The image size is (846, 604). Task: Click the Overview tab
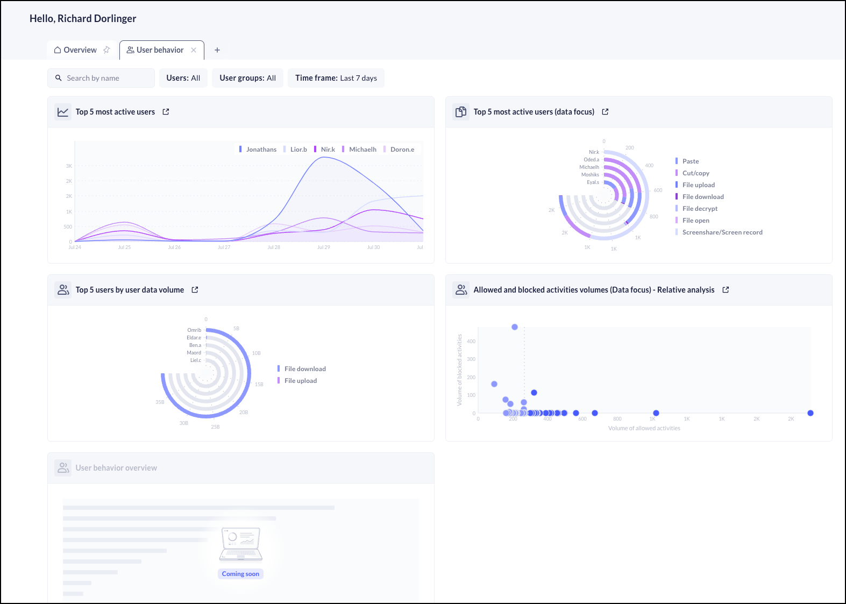(x=76, y=50)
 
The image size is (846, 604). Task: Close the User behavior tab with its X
(x=194, y=50)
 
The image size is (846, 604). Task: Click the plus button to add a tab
(x=217, y=50)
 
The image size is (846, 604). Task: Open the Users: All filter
(x=183, y=78)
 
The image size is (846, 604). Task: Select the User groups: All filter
(x=247, y=78)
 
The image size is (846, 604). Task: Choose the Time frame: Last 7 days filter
(x=336, y=78)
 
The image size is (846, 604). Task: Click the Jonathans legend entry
(x=261, y=150)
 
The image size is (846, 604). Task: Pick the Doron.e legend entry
(x=402, y=150)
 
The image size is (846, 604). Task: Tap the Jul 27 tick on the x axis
(x=224, y=247)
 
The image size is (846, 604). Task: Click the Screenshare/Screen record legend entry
(x=722, y=232)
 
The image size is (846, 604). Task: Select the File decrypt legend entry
(x=700, y=209)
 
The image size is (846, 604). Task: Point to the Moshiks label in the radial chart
(x=590, y=175)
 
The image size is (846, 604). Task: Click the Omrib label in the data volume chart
(x=194, y=330)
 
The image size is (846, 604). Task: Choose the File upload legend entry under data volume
(x=300, y=381)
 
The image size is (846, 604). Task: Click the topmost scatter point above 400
(x=515, y=327)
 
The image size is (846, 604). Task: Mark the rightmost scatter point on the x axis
(x=811, y=413)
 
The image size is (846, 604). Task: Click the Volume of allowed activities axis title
(x=644, y=428)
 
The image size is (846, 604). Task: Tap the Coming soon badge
(x=240, y=574)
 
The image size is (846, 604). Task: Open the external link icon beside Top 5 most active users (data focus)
(x=605, y=112)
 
